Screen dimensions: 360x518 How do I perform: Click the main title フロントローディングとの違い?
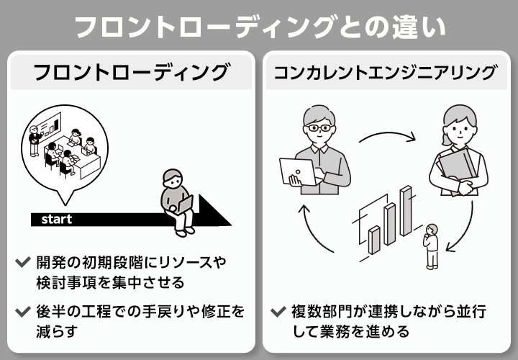coord(259,27)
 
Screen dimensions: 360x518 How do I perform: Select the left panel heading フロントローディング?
coord(131,73)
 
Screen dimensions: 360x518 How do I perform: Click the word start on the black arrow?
coord(56,219)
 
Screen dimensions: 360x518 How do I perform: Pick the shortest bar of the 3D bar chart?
coord(374,239)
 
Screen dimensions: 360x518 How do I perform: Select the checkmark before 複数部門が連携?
coord(277,312)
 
